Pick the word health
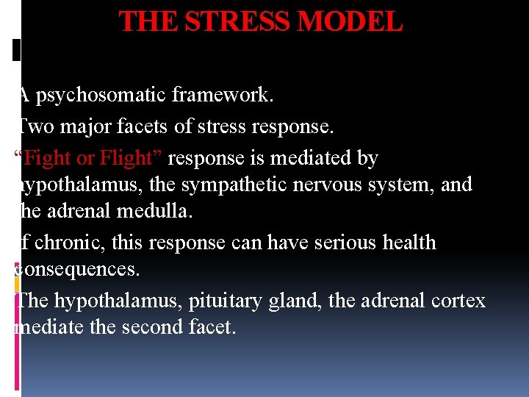[401, 243]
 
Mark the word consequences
[76, 269]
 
